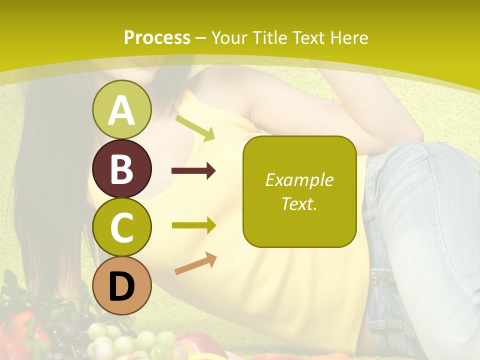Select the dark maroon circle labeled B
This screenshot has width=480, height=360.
[x=121, y=168]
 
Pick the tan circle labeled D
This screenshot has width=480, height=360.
[x=121, y=285]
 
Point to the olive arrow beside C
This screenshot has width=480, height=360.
[x=193, y=225]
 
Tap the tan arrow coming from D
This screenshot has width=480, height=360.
[x=195, y=263]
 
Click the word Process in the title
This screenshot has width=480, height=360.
[x=157, y=38]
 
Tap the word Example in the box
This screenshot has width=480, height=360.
[x=299, y=180]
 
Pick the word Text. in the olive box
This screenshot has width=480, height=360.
[x=299, y=203]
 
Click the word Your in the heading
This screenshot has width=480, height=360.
[x=228, y=38]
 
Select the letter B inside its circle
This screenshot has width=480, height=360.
[x=121, y=169]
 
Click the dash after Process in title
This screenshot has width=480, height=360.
[x=201, y=38]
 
